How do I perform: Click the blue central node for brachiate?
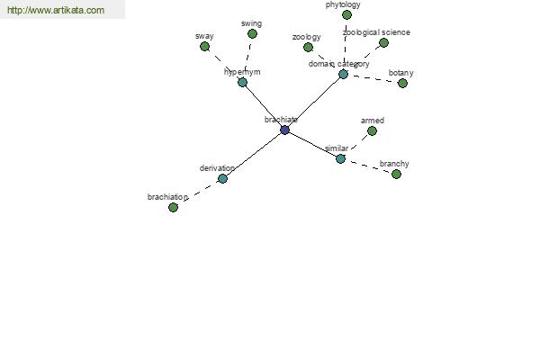pyautogui.click(x=284, y=130)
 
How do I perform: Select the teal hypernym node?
pyautogui.click(x=242, y=82)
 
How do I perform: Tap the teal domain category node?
pyautogui.click(x=343, y=74)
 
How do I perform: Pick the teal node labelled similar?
pyautogui.click(x=340, y=158)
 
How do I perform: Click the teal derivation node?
pyautogui.click(x=222, y=178)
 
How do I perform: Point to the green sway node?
pyautogui.click(x=204, y=46)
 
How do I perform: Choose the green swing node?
pyautogui.click(x=252, y=34)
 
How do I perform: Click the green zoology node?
pyautogui.click(x=308, y=47)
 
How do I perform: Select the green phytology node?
pyautogui.click(x=346, y=14)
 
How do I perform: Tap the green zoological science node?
pyautogui.click(x=383, y=42)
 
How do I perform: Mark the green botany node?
pyautogui.click(x=402, y=83)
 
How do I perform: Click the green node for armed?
pyautogui.click(x=372, y=130)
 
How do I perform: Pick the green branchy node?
pyautogui.click(x=396, y=174)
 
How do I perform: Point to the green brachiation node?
pyautogui.click(x=173, y=207)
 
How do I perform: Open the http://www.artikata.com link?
pyautogui.click(x=56, y=10)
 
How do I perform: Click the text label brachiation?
pyautogui.click(x=167, y=197)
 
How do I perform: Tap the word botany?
pyautogui.click(x=400, y=73)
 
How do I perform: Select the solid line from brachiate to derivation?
pyautogui.click(x=254, y=154)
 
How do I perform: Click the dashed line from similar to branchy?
pyautogui.click(x=368, y=166)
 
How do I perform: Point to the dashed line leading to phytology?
pyautogui.click(x=345, y=44)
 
